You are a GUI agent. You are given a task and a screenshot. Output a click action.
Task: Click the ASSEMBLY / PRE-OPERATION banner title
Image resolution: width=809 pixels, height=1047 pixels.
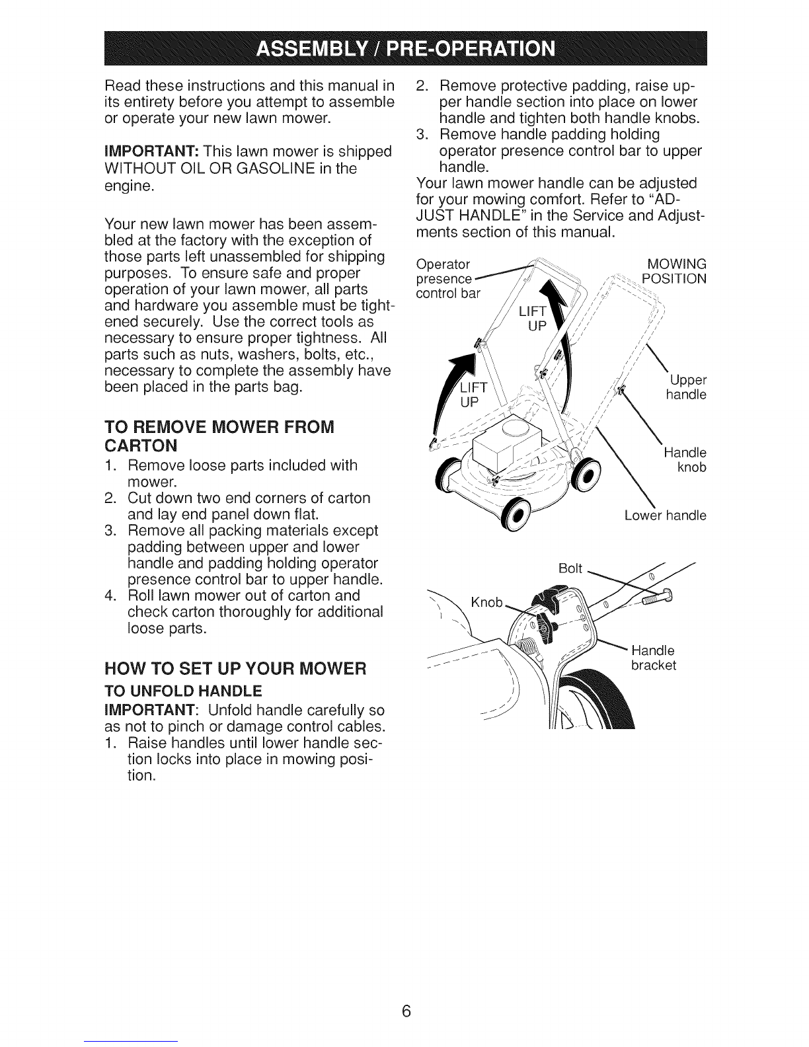pyautogui.click(x=406, y=49)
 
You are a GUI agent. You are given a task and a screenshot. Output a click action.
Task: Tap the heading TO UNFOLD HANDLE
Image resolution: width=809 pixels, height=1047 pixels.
pyautogui.click(x=183, y=691)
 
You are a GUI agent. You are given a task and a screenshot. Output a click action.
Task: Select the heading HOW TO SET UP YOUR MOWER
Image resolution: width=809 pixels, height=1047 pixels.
pyautogui.click(x=235, y=668)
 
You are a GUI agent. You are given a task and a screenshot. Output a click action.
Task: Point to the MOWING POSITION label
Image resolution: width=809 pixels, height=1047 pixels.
pyautogui.click(x=674, y=271)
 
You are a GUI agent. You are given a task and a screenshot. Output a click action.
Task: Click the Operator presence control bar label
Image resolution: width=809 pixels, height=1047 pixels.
pyautogui.click(x=448, y=278)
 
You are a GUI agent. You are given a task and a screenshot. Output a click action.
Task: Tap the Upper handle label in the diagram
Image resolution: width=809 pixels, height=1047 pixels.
pyautogui.click(x=686, y=387)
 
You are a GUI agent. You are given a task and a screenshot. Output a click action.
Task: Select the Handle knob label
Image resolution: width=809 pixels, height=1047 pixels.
pyautogui.click(x=685, y=459)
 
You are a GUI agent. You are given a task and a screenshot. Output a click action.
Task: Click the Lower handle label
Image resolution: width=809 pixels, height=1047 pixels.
pyautogui.click(x=666, y=515)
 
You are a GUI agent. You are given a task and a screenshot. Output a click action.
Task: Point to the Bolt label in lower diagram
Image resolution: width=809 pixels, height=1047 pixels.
pyautogui.click(x=570, y=568)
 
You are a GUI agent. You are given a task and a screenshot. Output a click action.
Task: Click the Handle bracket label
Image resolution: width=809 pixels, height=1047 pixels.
pyautogui.click(x=654, y=658)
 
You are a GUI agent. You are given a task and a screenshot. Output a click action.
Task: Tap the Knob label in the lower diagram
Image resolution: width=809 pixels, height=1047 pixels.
pyautogui.click(x=486, y=602)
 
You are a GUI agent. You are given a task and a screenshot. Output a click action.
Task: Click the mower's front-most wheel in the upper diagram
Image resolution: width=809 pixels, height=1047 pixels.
pyautogui.click(x=516, y=515)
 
